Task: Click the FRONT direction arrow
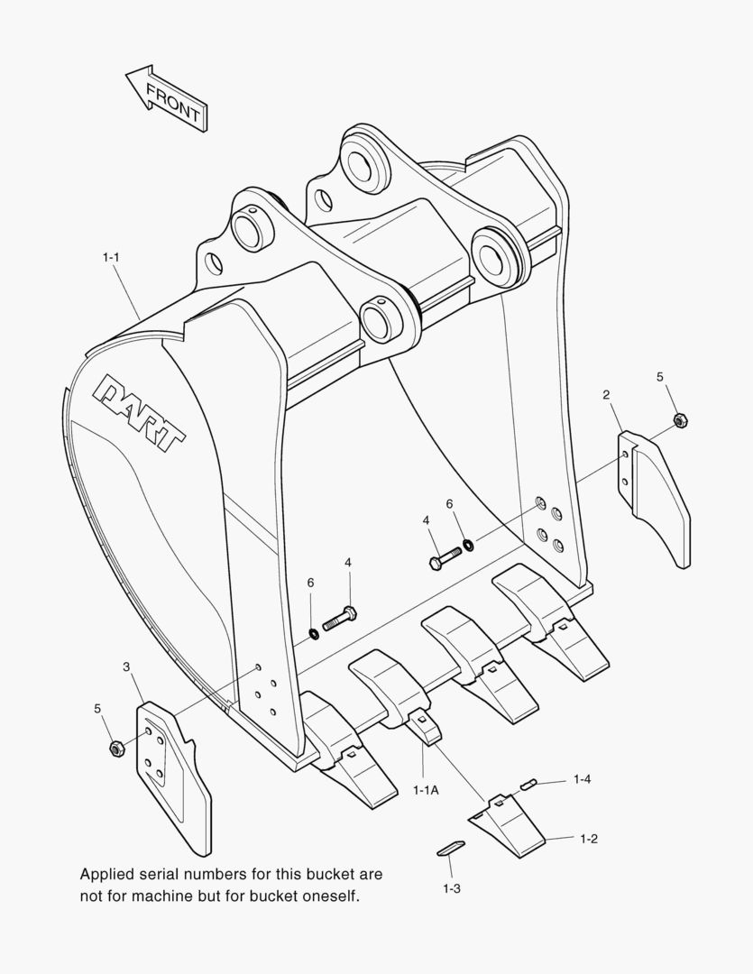(167, 99)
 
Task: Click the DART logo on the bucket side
(138, 412)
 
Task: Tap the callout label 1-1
(111, 256)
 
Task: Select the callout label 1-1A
(427, 789)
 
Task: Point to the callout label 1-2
(588, 839)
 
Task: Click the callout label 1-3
(452, 889)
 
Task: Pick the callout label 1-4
(583, 779)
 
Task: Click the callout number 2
(606, 394)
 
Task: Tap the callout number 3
(127, 666)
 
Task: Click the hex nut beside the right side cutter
(680, 420)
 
